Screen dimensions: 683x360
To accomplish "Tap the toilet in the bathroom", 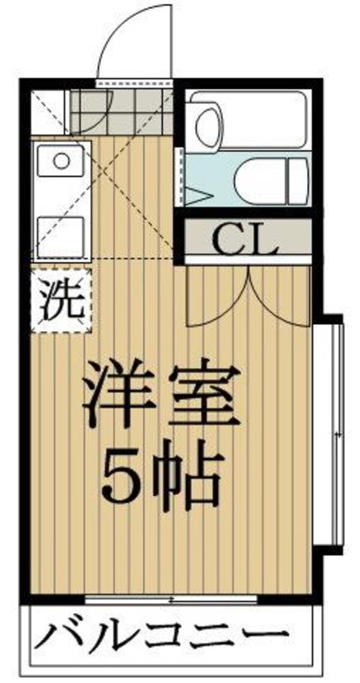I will tap(270, 181).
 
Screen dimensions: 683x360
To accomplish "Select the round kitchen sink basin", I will tap(61, 160).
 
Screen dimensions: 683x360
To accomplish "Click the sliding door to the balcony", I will tap(171, 599).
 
